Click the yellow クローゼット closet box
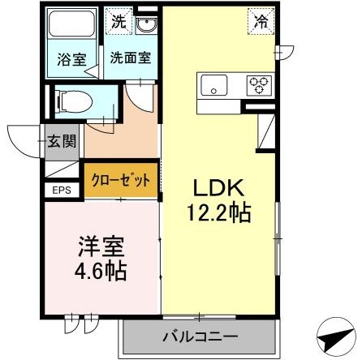pyautogui.click(x=120, y=180)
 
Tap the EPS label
pyautogui.click(x=62, y=191)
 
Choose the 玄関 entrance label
pyautogui.click(x=62, y=140)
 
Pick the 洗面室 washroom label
pyautogui.click(x=128, y=58)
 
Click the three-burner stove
pyautogui.click(x=260, y=84)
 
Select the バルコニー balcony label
pyautogui.click(x=200, y=336)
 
